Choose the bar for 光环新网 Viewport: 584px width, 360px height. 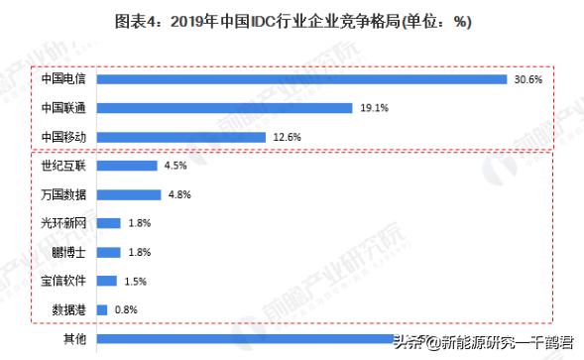[109, 223]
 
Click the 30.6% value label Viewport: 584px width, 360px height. [527, 79]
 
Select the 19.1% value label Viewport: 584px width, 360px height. [373, 108]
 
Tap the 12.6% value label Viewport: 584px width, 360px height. [286, 137]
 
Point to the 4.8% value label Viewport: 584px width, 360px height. [179, 194]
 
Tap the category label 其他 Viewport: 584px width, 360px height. [73, 339]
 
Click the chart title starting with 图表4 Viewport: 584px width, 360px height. [292, 21]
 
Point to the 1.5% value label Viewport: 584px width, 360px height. [137, 281]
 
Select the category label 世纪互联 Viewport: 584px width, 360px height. [62, 166]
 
